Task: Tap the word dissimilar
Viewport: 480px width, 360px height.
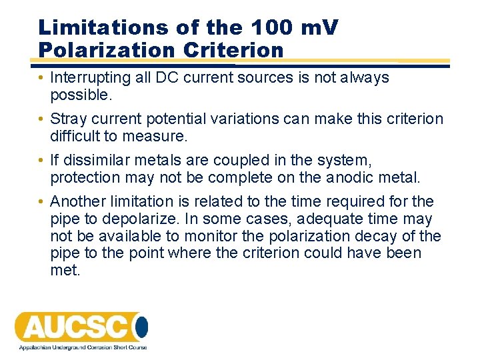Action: [x=95, y=160]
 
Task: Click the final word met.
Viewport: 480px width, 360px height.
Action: [x=64, y=270]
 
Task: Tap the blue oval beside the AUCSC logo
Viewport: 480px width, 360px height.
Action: [x=141, y=327]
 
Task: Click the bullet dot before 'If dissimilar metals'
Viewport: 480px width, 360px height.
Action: [x=41, y=161]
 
